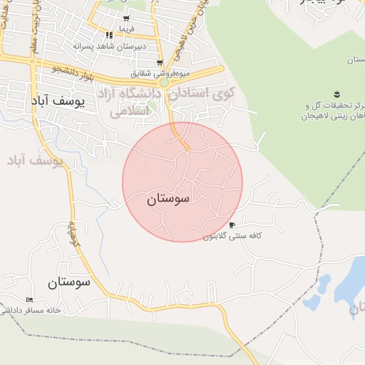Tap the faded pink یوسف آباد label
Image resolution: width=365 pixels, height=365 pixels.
36,161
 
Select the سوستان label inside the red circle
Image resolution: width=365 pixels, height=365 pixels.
169,200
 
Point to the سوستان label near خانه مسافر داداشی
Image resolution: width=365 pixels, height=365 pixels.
70,282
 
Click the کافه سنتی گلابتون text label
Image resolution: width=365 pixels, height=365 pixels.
230,236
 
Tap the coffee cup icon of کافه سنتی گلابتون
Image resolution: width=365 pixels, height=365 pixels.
232,225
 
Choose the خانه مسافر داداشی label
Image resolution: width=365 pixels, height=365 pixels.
31,310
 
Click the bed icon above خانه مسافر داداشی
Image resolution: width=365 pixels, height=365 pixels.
29,299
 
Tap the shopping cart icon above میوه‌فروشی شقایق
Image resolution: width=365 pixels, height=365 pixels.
160,63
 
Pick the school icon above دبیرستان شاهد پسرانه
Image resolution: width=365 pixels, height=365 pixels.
109,36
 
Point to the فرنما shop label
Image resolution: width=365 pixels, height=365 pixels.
126,29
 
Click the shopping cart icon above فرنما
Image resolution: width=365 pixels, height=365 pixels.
126,19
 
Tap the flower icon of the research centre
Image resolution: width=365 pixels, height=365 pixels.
336,94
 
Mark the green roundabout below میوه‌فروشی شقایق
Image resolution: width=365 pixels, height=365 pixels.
164,83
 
